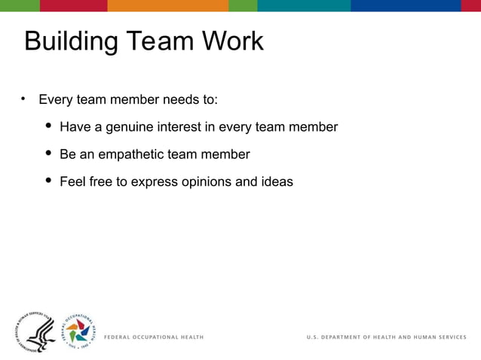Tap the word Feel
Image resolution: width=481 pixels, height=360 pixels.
pyautogui.click(x=73, y=182)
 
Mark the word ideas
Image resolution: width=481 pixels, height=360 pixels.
pyautogui.click(x=275, y=182)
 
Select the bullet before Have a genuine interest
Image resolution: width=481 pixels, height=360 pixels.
pyautogui.click(x=48, y=126)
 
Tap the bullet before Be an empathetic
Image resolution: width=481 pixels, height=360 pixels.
pyautogui.click(x=48, y=154)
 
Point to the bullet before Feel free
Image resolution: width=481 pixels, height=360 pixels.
pyautogui.click(x=48, y=181)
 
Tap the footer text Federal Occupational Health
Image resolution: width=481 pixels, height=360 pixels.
pyautogui.click(x=153, y=337)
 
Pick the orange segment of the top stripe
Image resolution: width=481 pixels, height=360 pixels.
pyautogui.click(x=167, y=5)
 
